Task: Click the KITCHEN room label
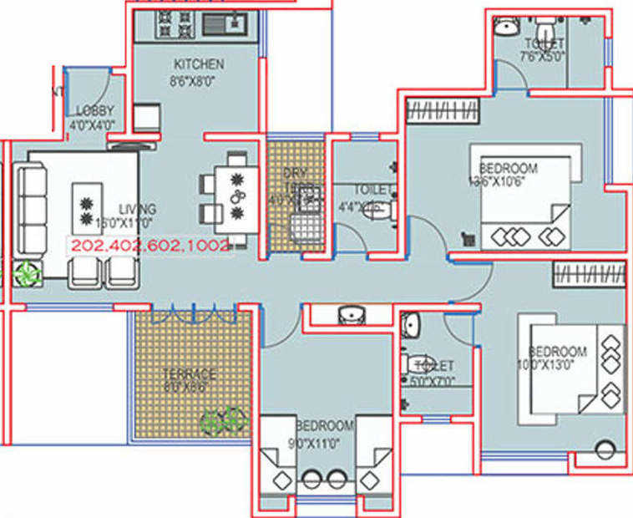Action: click(x=198, y=64)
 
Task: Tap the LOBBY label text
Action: click(x=94, y=111)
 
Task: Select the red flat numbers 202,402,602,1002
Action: click(x=149, y=246)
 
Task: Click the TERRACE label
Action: click(x=190, y=374)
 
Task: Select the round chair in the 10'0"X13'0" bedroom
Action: click(x=605, y=452)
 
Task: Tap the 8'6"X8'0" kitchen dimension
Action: click(x=194, y=82)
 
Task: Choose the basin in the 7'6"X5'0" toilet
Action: click(x=505, y=28)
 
